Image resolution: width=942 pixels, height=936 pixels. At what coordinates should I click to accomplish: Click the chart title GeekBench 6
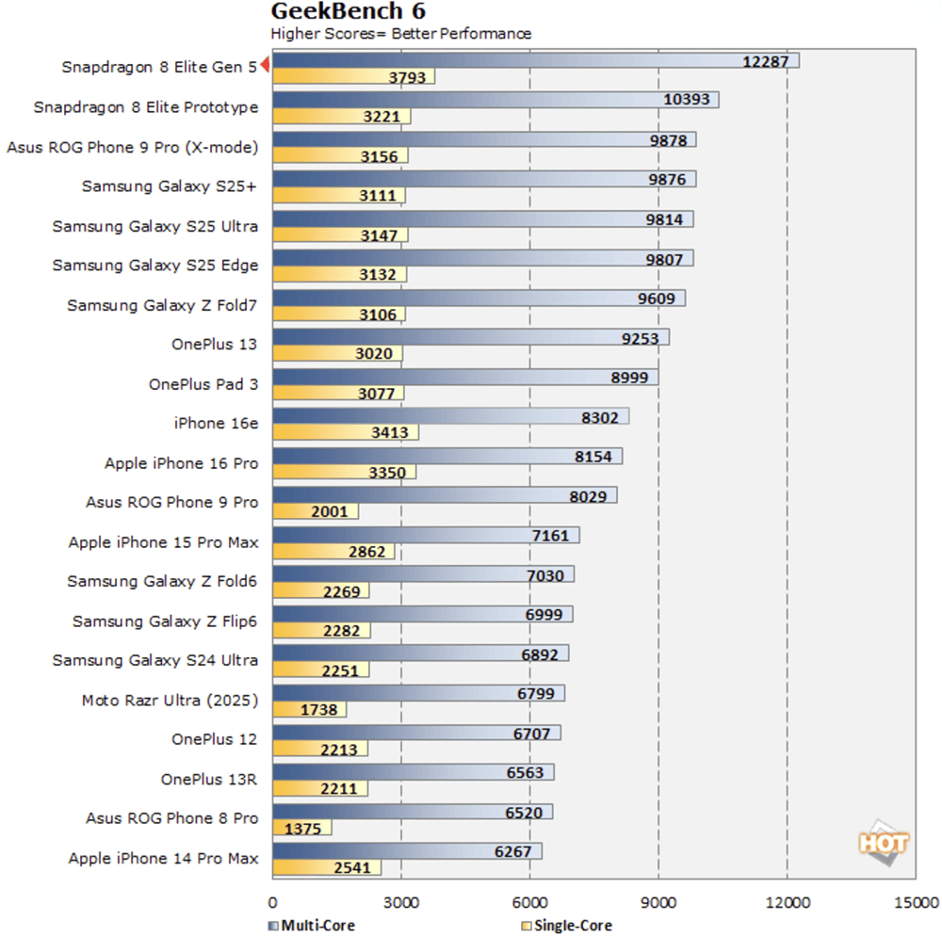pos(348,12)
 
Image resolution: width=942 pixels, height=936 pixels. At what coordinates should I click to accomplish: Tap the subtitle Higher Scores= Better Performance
pos(401,34)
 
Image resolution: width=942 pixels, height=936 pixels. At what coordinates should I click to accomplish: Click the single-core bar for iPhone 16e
pos(345,433)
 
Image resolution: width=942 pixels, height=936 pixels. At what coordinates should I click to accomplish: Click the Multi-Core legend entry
pos(312,926)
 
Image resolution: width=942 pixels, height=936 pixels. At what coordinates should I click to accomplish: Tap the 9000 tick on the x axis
pos(658,900)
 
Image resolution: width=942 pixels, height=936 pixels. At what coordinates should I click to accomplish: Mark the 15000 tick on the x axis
pos(916,900)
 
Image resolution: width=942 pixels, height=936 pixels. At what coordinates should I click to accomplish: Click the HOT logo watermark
pos(883,841)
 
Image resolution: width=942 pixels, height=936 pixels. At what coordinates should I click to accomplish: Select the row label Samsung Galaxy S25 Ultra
pos(155,226)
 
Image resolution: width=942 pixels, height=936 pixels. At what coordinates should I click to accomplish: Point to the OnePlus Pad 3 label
pos(203,384)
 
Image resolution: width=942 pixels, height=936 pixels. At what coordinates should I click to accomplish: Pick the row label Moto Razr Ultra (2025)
pos(170,700)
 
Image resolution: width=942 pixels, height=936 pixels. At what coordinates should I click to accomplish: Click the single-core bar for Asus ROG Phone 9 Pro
pos(315,512)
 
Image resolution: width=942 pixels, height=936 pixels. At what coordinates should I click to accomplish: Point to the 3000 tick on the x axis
pos(401,900)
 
